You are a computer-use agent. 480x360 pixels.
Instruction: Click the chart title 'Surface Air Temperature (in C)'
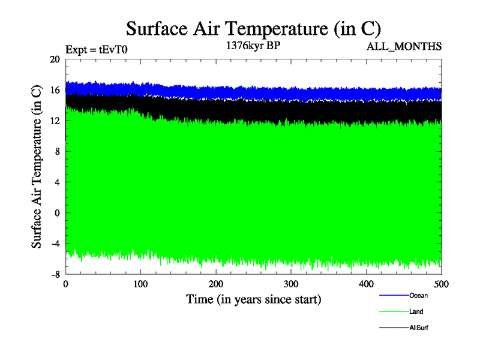coord(253,29)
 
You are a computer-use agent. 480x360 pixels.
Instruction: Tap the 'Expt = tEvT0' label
coord(95,50)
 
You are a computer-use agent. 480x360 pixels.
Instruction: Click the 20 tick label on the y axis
coord(55,59)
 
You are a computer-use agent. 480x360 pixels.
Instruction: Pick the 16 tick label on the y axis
coord(55,90)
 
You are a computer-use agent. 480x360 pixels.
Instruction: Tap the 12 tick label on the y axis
coord(55,121)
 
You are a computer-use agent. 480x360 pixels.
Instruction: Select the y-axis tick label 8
coord(58,152)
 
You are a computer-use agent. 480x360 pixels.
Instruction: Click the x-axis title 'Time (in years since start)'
coord(253,299)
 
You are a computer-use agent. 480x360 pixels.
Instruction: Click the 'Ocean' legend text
coord(418,295)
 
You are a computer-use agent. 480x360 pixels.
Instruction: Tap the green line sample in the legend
coord(394,312)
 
